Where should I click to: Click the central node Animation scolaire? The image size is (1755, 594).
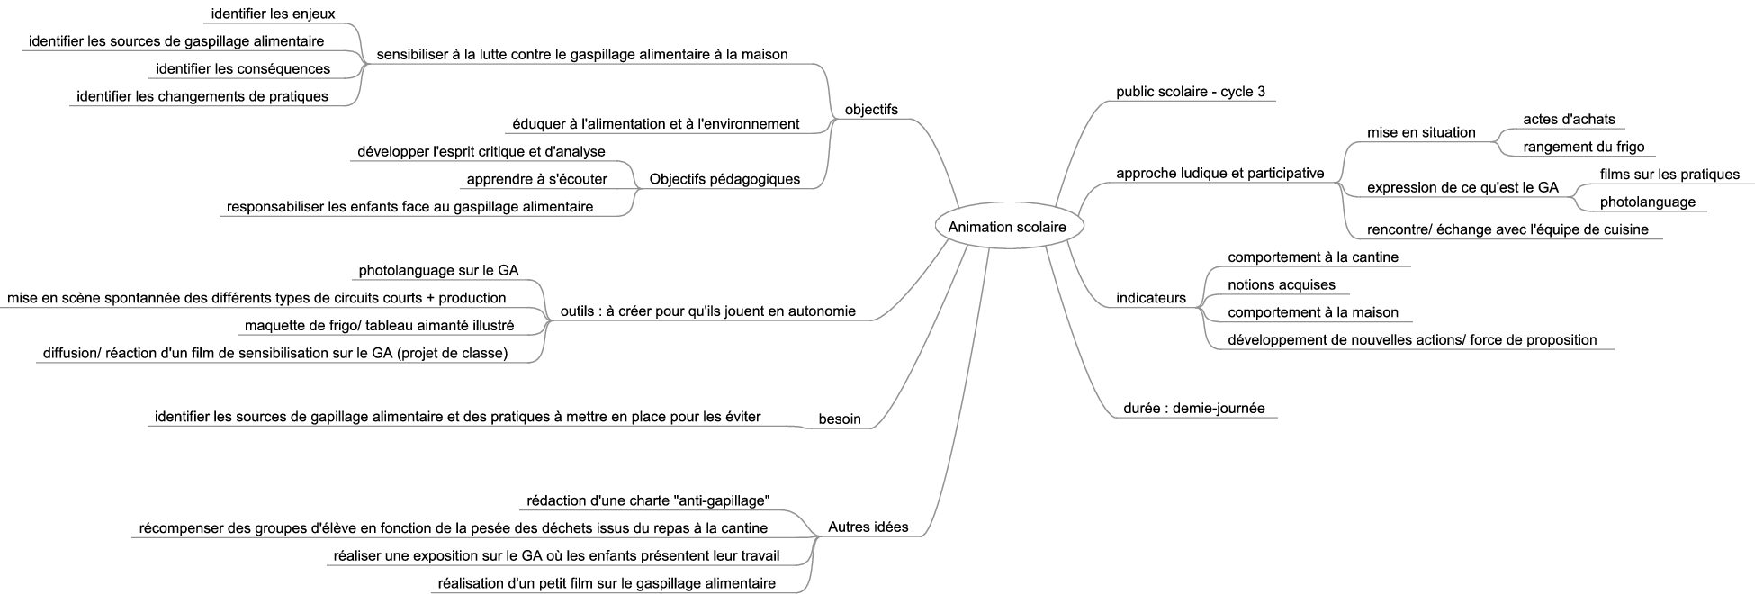pyautogui.click(x=1007, y=227)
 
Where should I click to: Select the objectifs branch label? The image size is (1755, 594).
pyautogui.click(x=871, y=110)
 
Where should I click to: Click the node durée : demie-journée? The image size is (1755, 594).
pyautogui.click(x=1194, y=409)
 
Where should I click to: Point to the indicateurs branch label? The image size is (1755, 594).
pyautogui.click(x=1151, y=298)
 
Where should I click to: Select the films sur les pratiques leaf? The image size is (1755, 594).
pyautogui.click(x=1669, y=174)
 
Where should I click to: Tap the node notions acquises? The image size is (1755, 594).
pyautogui.click(x=1282, y=284)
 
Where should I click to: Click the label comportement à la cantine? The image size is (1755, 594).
pyautogui.click(x=1313, y=257)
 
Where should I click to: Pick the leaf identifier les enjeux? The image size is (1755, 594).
pyautogui.click(x=273, y=13)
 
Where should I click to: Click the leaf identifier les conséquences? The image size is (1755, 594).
pyautogui.click(x=243, y=68)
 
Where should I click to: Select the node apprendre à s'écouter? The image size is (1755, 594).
pyautogui.click(x=536, y=179)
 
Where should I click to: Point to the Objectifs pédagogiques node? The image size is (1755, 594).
pyautogui.click(x=724, y=179)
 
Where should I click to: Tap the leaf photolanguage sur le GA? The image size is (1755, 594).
pyautogui.click(x=438, y=270)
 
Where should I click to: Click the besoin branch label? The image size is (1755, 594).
pyautogui.click(x=840, y=418)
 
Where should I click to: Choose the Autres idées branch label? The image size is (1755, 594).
pyautogui.click(x=868, y=526)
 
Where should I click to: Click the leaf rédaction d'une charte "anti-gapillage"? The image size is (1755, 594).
pyautogui.click(x=648, y=500)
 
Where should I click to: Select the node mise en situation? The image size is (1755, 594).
pyautogui.click(x=1421, y=132)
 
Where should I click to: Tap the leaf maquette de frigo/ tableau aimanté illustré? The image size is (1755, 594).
pyautogui.click(x=380, y=325)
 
